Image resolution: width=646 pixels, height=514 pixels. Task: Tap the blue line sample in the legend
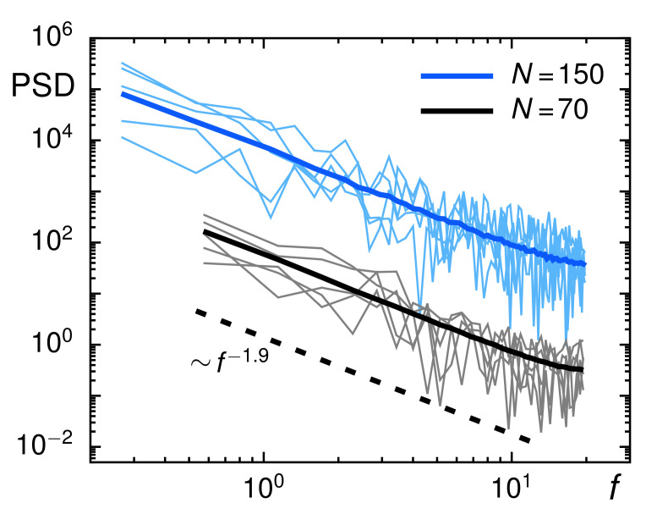pyautogui.click(x=457, y=76)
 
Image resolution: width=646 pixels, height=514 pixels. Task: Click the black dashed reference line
pyautogui.click(x=364, y=377)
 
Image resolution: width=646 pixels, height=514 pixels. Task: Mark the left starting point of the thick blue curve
pyautogui.click(x=123, y=93)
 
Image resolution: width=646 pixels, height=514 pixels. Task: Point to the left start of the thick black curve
pyautogui.click(x=205, y=231)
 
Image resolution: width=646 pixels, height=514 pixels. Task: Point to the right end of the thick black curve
pyautogui.click(x=583, y=369)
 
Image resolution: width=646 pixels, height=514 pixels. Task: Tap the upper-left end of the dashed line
pyautogui.click(x=196, y=310)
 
